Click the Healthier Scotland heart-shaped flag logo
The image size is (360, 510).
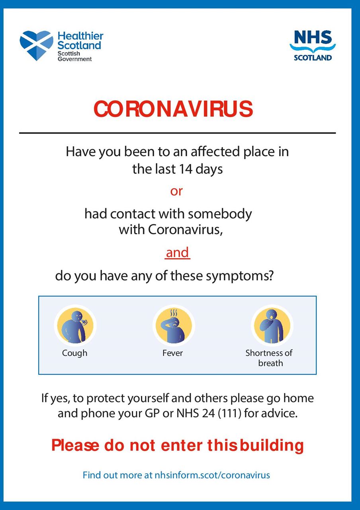click(x=36, y=45)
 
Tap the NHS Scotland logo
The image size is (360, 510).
click(x=313, y=45)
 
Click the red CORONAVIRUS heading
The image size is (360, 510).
click(x=173, y=109)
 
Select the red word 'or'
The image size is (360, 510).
click(x=176, y=191)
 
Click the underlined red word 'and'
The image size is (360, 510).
click(x=177, y=253)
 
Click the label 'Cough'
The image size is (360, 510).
click(x=74, y=353)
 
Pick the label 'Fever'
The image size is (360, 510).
click(x=172, y=353)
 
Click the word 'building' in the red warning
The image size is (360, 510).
click(x=272, y=445)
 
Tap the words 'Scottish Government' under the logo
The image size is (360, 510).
click(x=74, y=56)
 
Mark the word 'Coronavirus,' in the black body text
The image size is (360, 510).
click(x=185, y=229)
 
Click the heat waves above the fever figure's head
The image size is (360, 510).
click(x=174, y=312)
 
